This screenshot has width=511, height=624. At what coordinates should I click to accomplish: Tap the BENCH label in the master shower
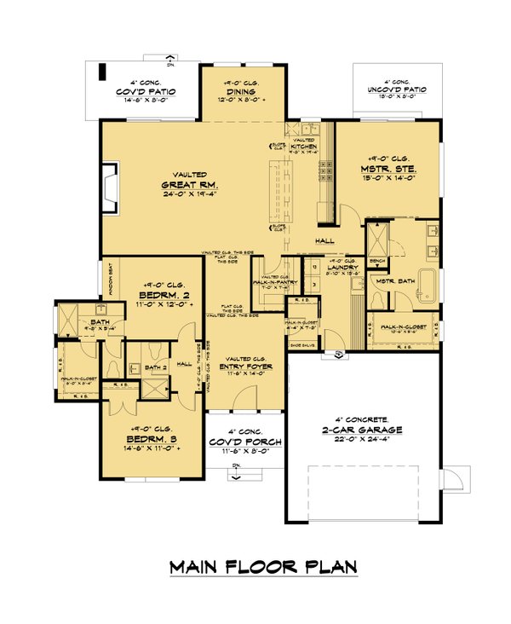[x=377, y=260]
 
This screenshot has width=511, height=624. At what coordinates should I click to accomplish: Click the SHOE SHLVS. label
[x=301, y=345]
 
